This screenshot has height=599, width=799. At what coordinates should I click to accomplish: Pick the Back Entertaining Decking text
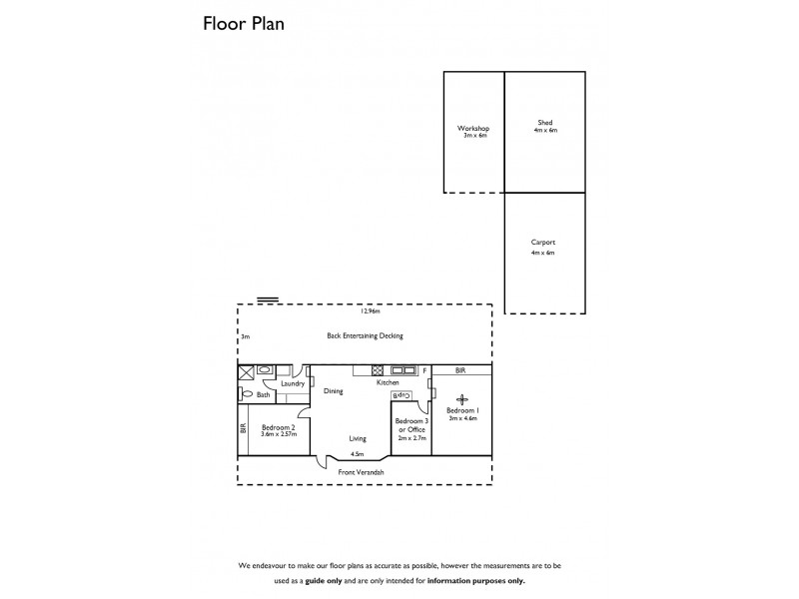(x=365, y=335)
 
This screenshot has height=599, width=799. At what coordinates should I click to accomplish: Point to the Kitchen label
(x=388, y=383)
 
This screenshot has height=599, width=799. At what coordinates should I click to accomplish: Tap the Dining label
(x=334, y=391)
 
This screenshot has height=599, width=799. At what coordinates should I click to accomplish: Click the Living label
(x=357, y=438)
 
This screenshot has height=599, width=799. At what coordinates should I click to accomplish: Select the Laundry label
(x=292, y=383)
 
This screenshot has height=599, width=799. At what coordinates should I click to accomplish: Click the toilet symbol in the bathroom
(x=247, y=393)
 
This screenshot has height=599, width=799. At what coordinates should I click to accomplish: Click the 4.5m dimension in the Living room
(x=357, y=453)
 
